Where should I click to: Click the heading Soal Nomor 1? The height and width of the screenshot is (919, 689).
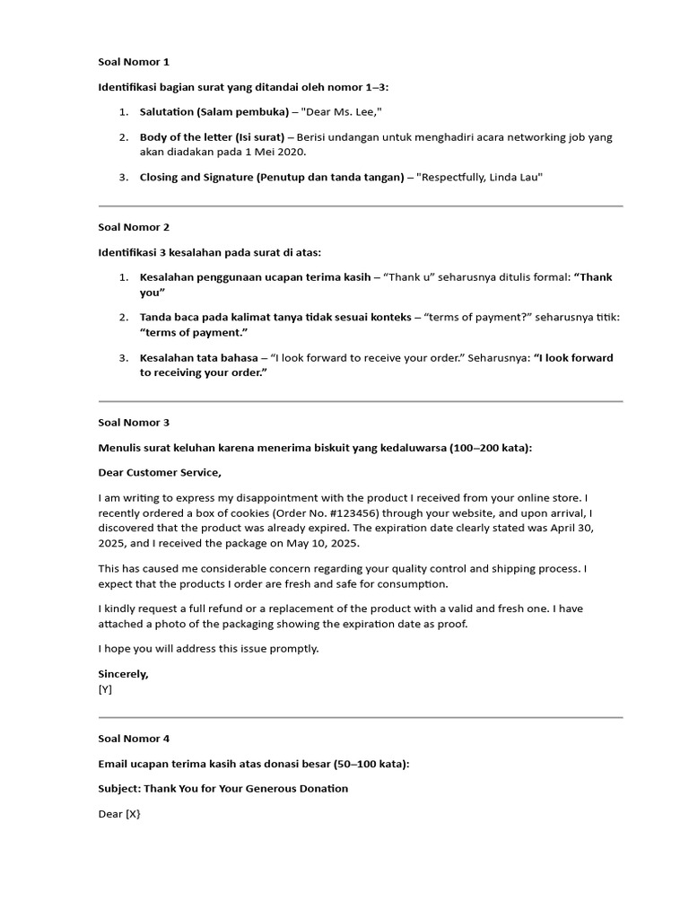click(x=134, y=62)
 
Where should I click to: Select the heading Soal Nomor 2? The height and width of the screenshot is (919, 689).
click(x=134, y=227)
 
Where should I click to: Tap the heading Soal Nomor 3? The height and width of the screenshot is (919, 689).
click(x=134, y=422)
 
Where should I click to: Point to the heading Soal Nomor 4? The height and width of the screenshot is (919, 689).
click(x=134, y=739)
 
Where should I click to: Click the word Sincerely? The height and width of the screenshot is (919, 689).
click(x=123, y=673)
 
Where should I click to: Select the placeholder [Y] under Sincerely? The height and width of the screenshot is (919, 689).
click(x=105, y=689)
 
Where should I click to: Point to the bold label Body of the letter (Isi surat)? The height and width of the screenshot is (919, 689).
click(x=212, y=137)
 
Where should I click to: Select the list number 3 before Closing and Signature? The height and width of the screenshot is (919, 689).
click(x=124, y=177)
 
